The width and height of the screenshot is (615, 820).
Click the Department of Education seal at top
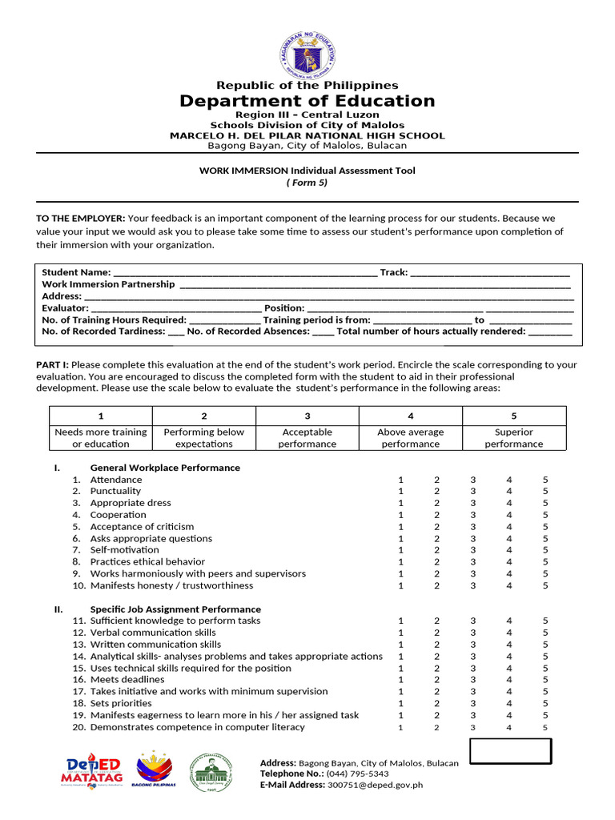(x=307, y=53)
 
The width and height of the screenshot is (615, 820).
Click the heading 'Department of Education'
(x=307, y=101)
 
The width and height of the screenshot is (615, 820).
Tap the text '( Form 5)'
(x=307, y=183)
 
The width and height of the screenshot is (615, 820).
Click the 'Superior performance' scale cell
(x=514, y=438)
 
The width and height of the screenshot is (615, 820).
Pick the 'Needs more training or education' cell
(x=101, y=438)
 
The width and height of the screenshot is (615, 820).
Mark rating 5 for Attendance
(x=545, y=480)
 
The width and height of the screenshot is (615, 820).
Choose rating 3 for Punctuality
(x=473, y=492)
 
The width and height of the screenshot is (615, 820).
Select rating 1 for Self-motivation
(x=400, y=550)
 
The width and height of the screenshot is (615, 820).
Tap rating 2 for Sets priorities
(x=437, y=703)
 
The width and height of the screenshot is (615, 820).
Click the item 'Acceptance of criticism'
(x=142, y=527)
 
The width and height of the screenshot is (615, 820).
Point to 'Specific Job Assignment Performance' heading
(x=175, y=609)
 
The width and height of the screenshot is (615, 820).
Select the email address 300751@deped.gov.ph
(x=375, y=786)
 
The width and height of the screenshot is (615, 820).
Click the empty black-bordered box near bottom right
(x=510, y=752)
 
